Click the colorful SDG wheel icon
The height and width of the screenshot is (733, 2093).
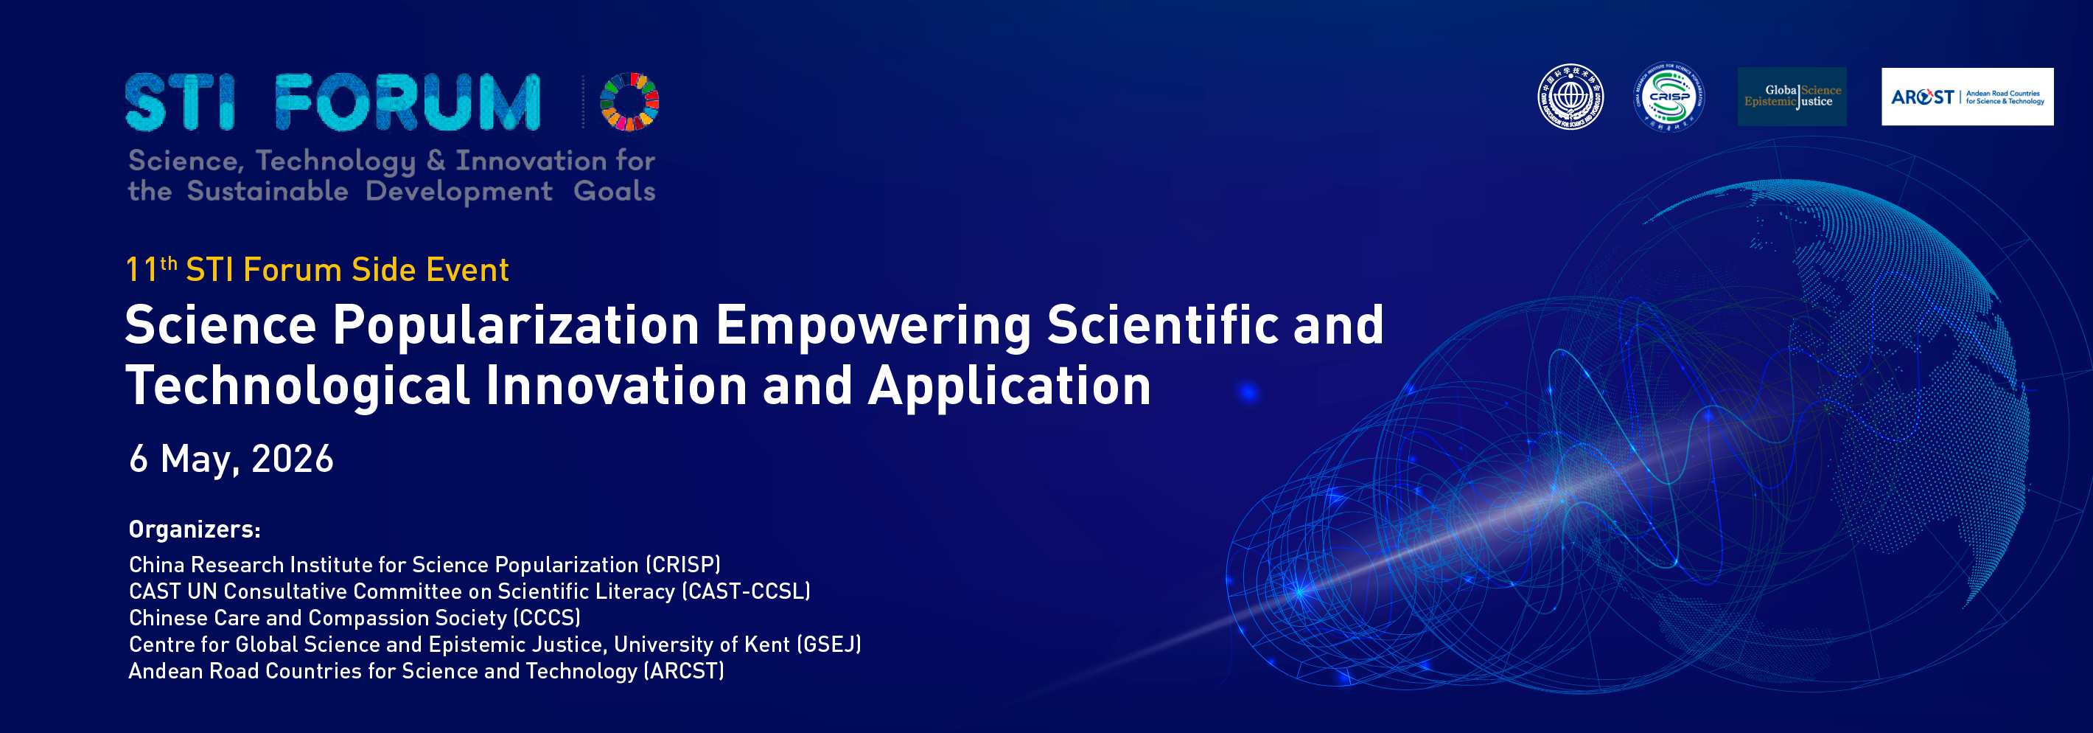(x=629, y=102)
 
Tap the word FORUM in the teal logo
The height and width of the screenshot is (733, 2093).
(x=407, y=103)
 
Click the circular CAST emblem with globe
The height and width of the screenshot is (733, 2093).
(x=1570, y=97)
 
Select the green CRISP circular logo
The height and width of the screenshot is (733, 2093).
(x=1669, y=97)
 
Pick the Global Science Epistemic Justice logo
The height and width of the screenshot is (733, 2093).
(x=1792, y=97)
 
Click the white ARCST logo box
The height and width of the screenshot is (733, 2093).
(x=1967, y=97)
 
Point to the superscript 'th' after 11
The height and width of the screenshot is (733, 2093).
(x=169, y=263)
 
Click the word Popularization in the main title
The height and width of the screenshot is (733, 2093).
(x=516, y=325)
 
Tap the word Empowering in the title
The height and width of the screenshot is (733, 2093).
(x=873, y=325)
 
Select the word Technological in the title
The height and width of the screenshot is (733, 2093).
(x=298, y=385)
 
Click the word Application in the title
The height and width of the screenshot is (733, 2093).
(x=1009, y=385)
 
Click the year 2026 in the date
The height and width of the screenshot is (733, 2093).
(x=292, y=459)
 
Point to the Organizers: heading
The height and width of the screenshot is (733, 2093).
(x=194, y=530)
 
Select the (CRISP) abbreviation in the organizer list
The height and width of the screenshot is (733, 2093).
(x=683, y=565)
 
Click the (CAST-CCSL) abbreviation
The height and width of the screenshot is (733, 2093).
(x=746, y=591)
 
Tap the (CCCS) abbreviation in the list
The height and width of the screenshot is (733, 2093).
(x=547, y=619)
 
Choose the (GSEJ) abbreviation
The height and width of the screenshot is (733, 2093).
(x=829, y=645)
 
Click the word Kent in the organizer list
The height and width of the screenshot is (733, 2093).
(x=767, y=645)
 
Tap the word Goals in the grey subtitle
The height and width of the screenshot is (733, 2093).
(x=614, y=192)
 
